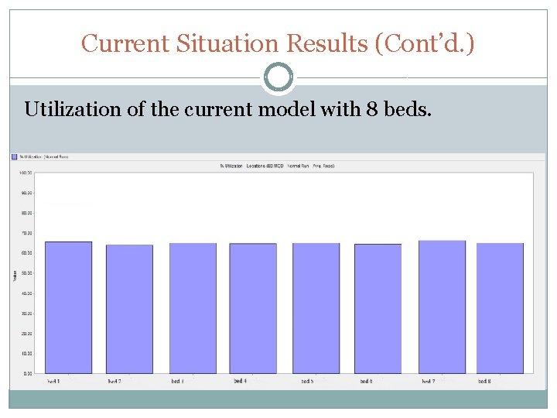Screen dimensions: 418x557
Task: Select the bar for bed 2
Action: click(129, 309)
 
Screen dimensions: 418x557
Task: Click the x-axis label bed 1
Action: click(53, 381)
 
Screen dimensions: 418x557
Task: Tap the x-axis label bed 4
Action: click(240, 381)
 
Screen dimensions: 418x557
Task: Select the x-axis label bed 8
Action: click(485, 381)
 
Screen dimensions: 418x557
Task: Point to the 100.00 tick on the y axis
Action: click(26, 172)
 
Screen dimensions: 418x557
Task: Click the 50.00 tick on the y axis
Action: click(26, 272)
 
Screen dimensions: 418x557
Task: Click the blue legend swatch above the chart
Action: click(14, 156)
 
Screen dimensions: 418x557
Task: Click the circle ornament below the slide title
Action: click(278, 77)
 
